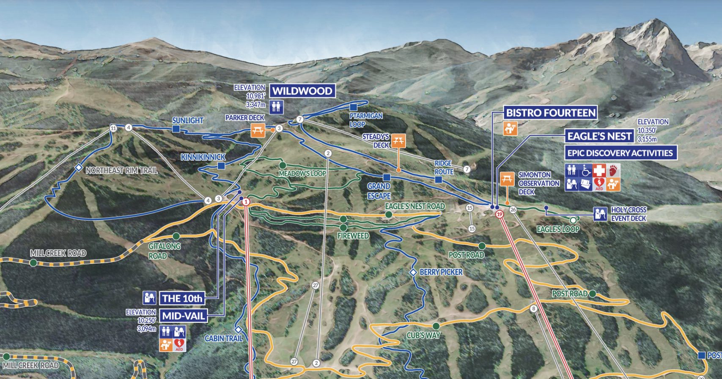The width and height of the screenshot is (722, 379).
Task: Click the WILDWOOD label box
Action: pos(302,91)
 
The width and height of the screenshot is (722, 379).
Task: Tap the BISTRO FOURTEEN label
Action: pos(551,113)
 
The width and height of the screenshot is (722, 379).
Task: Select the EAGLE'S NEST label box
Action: pos(599,136)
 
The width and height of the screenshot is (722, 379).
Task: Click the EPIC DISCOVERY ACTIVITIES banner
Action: pos(620,153)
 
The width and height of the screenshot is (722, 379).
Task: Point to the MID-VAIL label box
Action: pos(184,316)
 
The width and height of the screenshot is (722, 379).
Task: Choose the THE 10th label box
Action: pos(182,298)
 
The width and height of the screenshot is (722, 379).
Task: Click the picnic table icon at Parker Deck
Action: pos(258,130)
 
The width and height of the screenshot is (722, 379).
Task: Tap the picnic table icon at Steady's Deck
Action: pos(398,141)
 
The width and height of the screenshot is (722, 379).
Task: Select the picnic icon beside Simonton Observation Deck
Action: pos(507,179)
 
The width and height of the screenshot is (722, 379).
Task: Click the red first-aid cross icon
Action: pos(599,170)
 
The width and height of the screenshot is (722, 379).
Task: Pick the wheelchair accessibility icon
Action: pos(585,170)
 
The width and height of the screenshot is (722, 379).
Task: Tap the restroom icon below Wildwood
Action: pos(276,106)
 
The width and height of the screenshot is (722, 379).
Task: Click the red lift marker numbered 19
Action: pos(500,214)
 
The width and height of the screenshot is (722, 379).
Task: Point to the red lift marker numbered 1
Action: pos(246,202)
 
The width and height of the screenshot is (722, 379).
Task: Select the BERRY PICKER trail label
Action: pos(441,273)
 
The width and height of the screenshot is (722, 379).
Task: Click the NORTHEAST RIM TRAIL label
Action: pos(121,170)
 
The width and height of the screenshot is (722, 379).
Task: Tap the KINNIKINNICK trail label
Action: pos(203,157)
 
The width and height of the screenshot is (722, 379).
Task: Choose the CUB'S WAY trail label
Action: pos(423,335)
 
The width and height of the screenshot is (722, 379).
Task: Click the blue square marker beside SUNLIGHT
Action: pos(176,129)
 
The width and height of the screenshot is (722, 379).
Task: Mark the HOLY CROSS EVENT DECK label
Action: pos(629,214)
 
